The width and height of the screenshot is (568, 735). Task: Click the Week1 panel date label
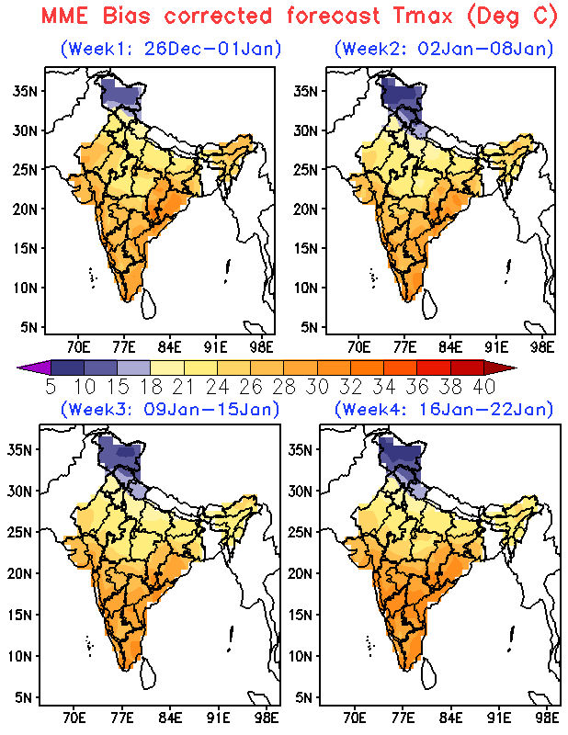171,48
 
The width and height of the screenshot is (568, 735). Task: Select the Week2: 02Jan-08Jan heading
444,48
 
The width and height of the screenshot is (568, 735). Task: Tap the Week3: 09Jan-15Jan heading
170,408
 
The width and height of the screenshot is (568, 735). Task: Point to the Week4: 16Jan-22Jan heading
443,408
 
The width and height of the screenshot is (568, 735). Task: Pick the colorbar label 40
483,386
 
